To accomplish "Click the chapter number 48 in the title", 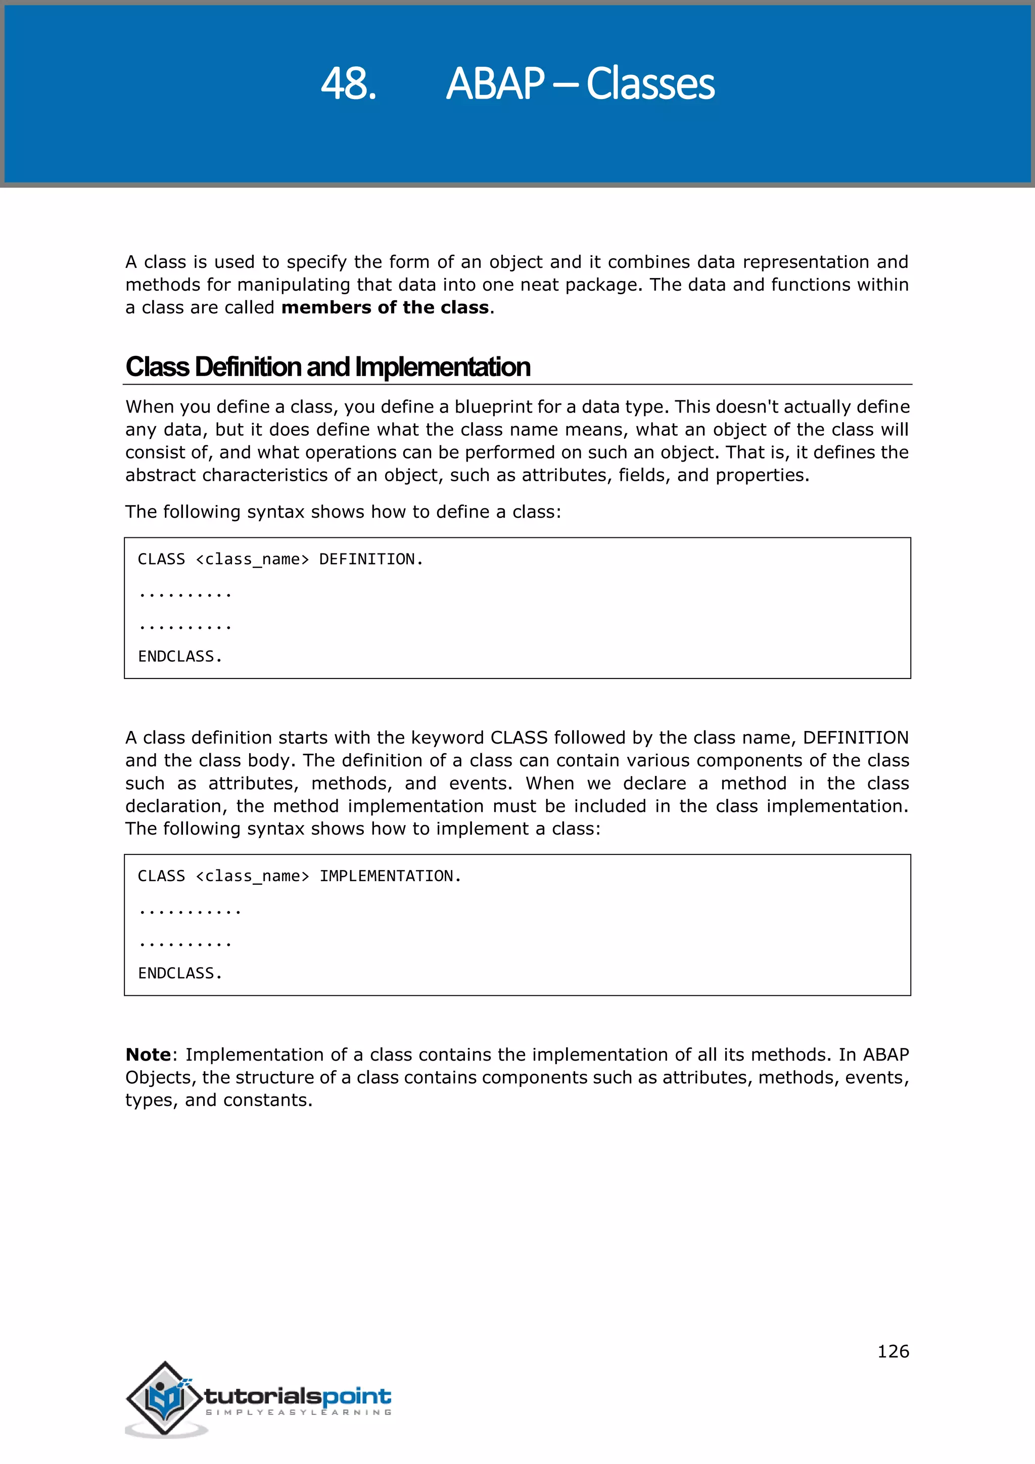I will (348, 83).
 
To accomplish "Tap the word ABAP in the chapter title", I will (495, 83).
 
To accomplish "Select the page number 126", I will (893, 1351).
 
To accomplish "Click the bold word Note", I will (148, 1055).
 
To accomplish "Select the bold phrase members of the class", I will (385, 307).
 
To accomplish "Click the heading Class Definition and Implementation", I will (327, 367).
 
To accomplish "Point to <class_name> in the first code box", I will (252, 559).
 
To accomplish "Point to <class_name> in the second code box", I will (252, 876).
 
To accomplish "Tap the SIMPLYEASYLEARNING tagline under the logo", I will (298, 1412).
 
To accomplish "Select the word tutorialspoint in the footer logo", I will (298, 1396).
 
